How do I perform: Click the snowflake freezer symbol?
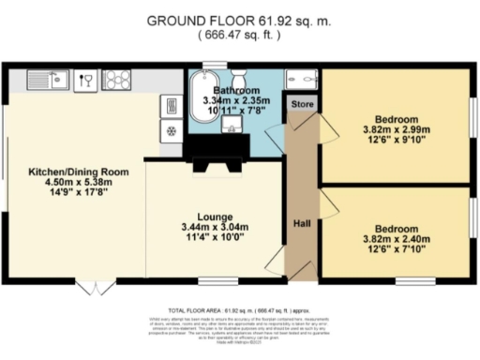(x=172, y=130)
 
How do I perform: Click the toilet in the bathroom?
(x=238, y=76)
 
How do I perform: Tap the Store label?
(x=301, y=104)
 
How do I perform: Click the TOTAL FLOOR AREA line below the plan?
(x=240, y=308)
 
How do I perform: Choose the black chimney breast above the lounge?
(x=216, y=147)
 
